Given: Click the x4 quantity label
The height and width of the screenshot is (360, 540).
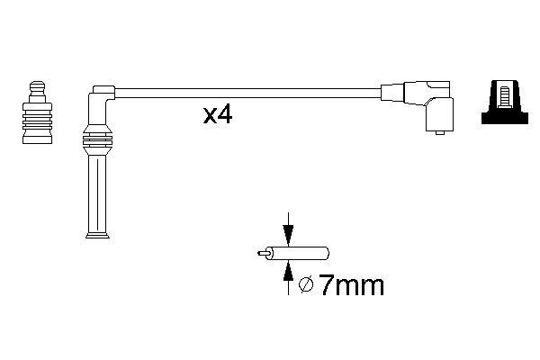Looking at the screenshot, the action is pos(218,115).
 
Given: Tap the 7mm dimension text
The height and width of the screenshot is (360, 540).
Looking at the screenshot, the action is pos(351,285).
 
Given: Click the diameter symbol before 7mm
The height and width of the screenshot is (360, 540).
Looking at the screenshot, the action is pos(306,285).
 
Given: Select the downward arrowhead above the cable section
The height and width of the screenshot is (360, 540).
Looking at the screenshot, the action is pos(288,236).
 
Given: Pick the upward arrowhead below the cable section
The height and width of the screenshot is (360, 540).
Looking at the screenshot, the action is pos(288,271).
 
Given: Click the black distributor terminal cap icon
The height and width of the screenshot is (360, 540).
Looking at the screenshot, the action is pos(505,103).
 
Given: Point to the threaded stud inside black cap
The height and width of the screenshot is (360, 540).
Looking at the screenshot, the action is pos(505,97).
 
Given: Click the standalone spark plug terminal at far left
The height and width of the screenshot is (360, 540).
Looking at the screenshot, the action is pos(37,112).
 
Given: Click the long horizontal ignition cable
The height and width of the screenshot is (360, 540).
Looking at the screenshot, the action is pos(247,93).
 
